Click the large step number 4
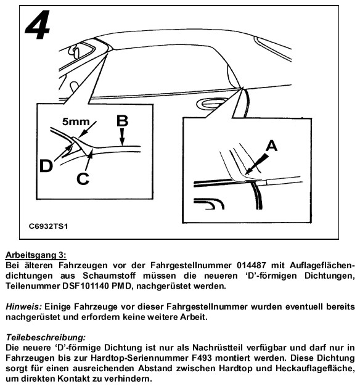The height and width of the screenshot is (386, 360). click(38, 25)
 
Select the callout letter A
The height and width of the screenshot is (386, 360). click(272, 146)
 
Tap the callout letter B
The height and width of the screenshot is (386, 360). click(122, 121)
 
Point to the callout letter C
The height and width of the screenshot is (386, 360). click(83, 179)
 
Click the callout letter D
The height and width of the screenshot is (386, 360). click(46, 166)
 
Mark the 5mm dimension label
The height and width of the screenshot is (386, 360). click(76, 121)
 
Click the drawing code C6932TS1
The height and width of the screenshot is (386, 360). click(48, 226)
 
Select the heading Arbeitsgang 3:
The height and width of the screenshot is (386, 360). click(36, 255)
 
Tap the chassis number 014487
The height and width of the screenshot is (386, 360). click(252, 265)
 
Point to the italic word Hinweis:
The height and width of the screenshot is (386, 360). click(23, 306)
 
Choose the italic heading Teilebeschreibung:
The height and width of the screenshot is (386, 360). click(46, 337)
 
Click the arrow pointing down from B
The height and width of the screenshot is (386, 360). click(122, 136)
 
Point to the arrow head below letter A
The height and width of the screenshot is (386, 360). click(248, 171)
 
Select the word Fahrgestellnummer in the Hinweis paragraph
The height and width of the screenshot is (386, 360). click(207, 306)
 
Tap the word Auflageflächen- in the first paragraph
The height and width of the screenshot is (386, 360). click(322, 265)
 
